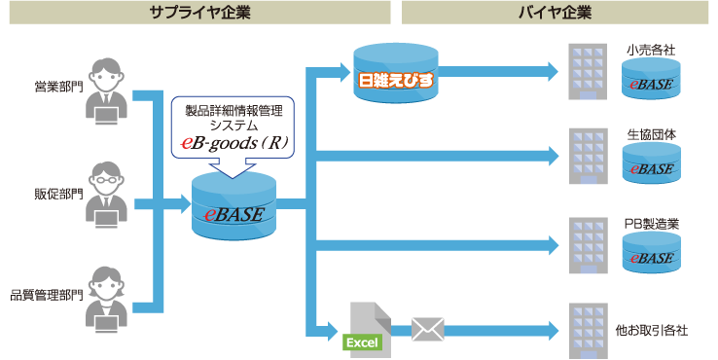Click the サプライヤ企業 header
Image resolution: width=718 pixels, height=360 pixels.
click(200, 13)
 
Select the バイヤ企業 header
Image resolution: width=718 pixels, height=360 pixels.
click(555, 13)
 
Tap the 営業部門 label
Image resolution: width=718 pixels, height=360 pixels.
click(59, 87)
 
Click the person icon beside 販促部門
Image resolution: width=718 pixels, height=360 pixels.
click(107, 196)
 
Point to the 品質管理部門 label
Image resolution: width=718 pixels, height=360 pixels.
click(47, 296)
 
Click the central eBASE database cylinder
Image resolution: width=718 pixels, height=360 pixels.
click(234, 206)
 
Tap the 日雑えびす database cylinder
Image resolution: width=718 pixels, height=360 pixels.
click(396, 74)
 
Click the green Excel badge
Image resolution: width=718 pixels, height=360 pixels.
click(362, 342)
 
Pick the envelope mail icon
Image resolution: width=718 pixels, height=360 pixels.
click(428, 329)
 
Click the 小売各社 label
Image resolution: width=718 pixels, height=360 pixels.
click(651, 50)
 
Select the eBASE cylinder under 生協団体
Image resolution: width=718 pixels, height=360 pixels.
click(651, 163)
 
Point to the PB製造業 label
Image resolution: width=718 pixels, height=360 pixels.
click(652, 224)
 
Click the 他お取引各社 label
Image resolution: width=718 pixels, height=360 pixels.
click(651, 330)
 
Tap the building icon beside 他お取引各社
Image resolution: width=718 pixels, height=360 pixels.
click(588, 331)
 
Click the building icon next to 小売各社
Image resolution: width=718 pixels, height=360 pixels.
click(588, 72)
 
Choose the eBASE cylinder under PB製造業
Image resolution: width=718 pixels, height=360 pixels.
click(651, 252)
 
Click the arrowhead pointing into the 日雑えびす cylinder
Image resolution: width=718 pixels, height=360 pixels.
click(343, 72)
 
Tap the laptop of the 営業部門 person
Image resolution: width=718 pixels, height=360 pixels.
click(107, 116)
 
